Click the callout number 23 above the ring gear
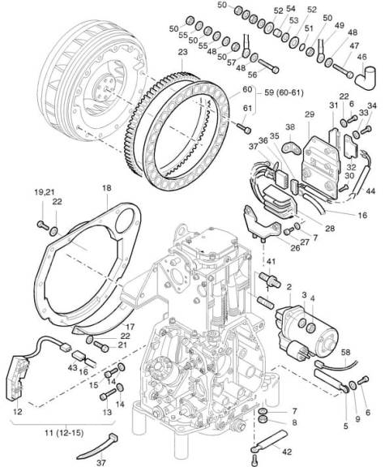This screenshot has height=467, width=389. click(x=182, y=52)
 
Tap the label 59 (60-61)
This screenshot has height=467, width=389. click(x=284, y=93)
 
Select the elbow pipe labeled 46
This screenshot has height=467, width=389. click(x=366, y=78)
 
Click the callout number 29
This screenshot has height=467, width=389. click(x=310, y=114)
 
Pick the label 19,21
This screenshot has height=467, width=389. click(x=43, y=192)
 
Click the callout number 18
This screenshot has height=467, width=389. click(x=106, y=188)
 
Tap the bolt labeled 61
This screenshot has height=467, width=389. click(x=244, y=128)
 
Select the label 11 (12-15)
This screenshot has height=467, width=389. click(x=64, y=432)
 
